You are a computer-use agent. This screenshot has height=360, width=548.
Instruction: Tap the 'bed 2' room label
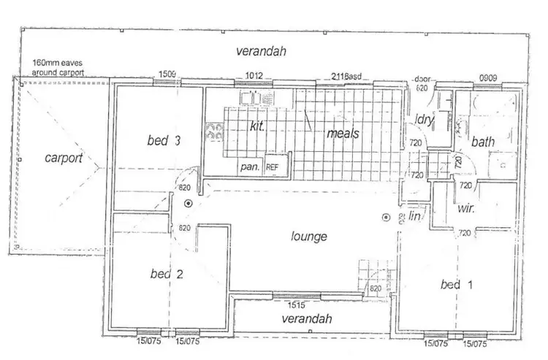coord(166,274)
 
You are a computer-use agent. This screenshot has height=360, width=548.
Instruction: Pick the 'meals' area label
coord(342,133)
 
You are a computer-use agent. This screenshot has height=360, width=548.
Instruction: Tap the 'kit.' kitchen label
coord(256,126)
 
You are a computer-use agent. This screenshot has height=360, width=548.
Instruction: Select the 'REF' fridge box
coord(273,167)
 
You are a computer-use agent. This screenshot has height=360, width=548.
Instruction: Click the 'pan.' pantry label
coord(250,167)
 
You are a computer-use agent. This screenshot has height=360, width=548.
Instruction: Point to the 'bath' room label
coord(483,141)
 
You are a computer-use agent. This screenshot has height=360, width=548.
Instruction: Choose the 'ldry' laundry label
coord(424,120)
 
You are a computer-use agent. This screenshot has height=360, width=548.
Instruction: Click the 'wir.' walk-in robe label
coord(465,208)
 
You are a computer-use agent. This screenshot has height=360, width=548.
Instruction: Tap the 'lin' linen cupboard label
coord(417,216)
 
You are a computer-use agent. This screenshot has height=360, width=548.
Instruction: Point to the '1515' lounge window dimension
coord(295,305)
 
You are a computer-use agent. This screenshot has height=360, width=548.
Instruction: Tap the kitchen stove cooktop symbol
coord(216,131)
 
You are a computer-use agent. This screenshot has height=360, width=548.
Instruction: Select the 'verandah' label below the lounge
coord(307,319)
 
